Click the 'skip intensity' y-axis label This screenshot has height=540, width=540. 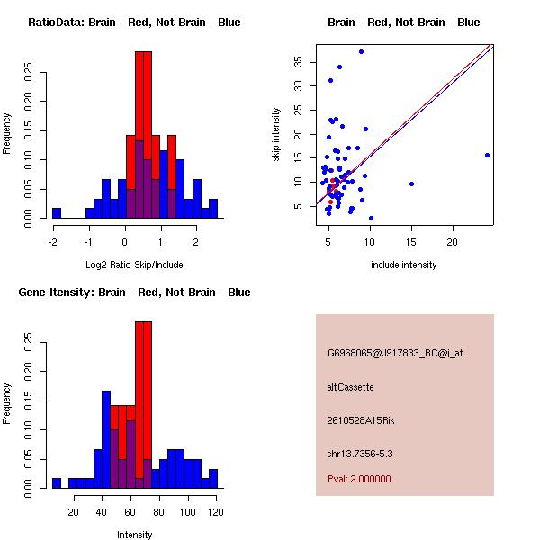pyautogui.click(x=276, y=134)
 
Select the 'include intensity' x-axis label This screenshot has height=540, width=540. pyautogui.click(x=404, y=265)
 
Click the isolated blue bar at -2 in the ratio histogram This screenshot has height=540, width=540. pyautogui.click(x=56, y=213)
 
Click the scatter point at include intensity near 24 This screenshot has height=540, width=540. pyautogui.click(x=487, y=155)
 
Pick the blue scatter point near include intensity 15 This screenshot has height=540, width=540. pyautogui.click(x=411, y=184)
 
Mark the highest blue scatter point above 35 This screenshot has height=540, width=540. pyautogui.click(x=361, y=51)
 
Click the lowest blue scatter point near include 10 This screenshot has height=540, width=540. pyautogui.click(x=371, y=218)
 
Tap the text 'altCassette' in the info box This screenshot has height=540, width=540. pyautogui.click(x=350, y=387)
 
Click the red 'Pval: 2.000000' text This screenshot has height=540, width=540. pyautogui.click(x=359, y=479)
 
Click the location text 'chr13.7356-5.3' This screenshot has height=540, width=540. pyautogui.click(x=360, y=453)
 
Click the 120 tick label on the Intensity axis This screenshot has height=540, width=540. pyautogui.click(x=213, y=512)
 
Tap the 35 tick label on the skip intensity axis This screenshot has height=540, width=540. pyautogui.click(x=297, y=61)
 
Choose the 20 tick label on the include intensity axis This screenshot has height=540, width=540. pyautogui.click(x=453, y=242)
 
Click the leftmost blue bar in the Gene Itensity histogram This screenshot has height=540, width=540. pyautogui.click(x=56, y=482)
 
